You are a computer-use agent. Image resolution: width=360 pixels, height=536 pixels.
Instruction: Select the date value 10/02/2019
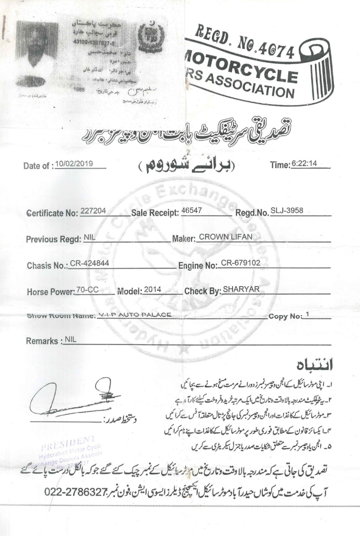(x=74, y=163)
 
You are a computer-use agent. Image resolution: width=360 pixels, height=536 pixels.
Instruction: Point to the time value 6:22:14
(x=304, y=163)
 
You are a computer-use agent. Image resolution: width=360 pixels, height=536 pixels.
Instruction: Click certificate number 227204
(x=94, y=211)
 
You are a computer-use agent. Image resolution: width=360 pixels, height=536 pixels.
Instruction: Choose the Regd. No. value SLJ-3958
(x=287, y=211)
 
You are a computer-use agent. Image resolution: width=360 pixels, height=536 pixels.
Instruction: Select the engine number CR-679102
(x=240, y=263)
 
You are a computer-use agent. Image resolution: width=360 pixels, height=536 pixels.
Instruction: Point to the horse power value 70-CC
(x=87, y=289)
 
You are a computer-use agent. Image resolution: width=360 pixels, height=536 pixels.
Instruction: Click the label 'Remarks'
(x=41, y=341)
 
